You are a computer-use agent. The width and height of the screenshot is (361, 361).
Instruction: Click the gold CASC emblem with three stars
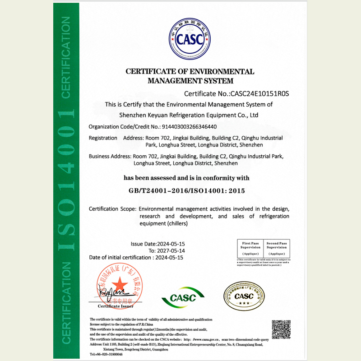(x=245, y=296)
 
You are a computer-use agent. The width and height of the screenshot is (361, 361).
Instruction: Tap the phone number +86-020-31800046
(x=109, y=354)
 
